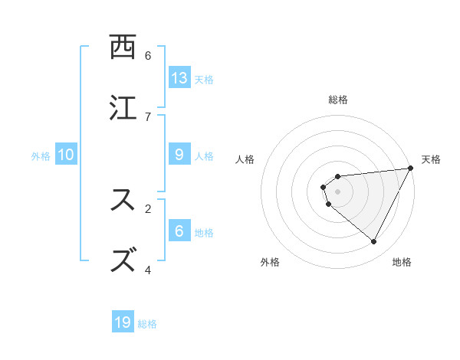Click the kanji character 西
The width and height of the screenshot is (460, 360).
tap(123, 47)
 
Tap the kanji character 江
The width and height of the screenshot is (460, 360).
tap(123, 108)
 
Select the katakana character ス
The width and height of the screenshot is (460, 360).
tap(123, 200)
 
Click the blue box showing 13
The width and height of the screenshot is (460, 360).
tap(179, 77)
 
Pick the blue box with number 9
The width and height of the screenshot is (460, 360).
tap(179, 154)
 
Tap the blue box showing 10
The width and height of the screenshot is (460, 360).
tap(66, 154)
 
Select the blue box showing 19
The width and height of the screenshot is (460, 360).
tap(123, 322)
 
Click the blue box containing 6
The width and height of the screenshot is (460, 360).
tap(179, 231)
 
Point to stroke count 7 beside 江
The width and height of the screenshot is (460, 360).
tap(148, 116)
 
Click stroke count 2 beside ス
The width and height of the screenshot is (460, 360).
tap(148, 208)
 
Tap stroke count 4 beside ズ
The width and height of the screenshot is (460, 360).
tap(148, 269)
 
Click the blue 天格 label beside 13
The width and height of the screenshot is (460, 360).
tap(204, 79)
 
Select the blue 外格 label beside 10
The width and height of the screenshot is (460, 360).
tap(41, 155)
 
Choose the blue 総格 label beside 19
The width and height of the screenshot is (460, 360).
tap(147, 323)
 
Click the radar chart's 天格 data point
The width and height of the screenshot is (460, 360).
tap(410, 169)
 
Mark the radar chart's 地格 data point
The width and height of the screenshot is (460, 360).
tap(374, 241)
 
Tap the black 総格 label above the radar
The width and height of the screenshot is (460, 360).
tap(338, 100)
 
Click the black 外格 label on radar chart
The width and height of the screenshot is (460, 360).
tap(271, 262)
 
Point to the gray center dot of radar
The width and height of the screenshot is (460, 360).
tap(338, 191)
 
